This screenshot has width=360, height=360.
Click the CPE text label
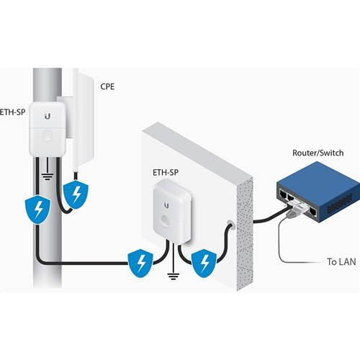coord(108,86)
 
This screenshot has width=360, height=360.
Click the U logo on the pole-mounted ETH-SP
coord(48,114)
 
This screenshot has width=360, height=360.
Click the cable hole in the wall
coord(230,225)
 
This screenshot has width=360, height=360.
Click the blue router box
coord(315,192)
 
